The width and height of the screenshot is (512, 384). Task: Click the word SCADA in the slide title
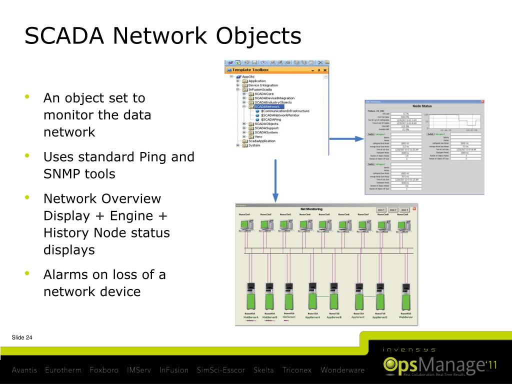64,36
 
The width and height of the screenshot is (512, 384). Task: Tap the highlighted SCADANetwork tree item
267,106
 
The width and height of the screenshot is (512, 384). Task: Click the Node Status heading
422,106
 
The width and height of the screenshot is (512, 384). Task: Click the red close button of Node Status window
482,101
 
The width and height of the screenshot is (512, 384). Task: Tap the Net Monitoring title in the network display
311,208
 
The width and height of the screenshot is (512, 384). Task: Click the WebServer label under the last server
405,317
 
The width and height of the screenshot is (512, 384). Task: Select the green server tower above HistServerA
250,298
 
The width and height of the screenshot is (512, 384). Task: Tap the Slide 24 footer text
22,338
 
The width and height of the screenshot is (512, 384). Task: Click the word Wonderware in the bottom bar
342,370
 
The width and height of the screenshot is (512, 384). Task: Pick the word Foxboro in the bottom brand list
104,370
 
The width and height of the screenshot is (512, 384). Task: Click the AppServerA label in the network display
312,317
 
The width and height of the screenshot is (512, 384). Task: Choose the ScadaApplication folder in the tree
262,141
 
